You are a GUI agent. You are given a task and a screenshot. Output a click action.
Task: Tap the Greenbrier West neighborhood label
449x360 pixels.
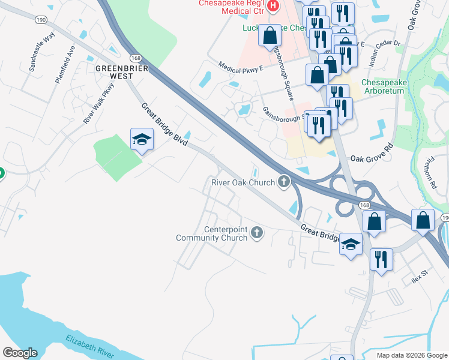122,72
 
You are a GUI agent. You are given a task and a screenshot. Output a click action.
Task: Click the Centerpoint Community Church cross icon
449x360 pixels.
257,232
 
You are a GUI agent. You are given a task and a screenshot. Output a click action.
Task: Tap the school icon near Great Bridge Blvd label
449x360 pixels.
141,139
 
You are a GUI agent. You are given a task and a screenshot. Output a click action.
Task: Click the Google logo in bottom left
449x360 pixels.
20,353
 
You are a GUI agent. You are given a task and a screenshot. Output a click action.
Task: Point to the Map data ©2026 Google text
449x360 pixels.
412,355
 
